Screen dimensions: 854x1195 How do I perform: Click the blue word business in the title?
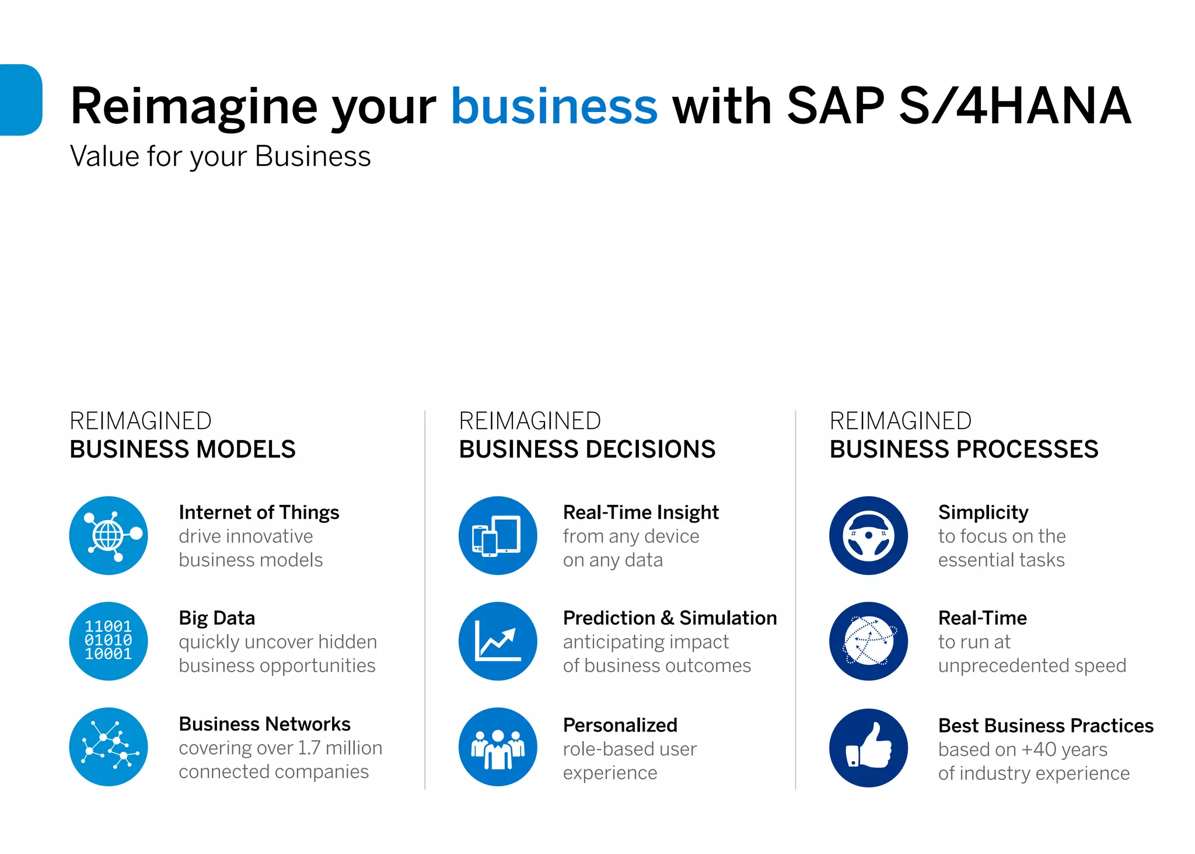(x=554, y=106)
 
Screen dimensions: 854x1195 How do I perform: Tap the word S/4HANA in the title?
(x=1015, y=106)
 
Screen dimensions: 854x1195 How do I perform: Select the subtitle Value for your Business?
(x=220, y=156)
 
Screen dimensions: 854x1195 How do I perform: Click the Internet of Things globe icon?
(x=109, y=535)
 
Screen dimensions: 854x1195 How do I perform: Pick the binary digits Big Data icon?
(x=109, y=641)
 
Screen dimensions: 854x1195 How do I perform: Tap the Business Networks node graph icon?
(x=109, y=747)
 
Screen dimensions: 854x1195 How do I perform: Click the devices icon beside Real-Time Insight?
(x=498, y=535)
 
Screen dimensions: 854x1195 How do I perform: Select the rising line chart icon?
(x=498, y=641)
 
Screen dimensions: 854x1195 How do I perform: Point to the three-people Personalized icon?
(x=498, y=747)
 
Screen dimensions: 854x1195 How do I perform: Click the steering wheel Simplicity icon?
(x=868, y=535)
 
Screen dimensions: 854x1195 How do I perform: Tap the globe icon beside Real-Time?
(x=868, y=641)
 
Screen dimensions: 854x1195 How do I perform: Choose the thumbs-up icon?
(x=868, y=748)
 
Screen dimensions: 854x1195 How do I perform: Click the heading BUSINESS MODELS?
(x=183, y=449)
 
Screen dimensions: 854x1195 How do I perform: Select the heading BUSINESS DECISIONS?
(x=587, y=449)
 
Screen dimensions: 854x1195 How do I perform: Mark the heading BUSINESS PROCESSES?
(x=964, y=449)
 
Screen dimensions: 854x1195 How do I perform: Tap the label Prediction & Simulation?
(x=670, y=618)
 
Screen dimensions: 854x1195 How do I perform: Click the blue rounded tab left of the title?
(x=21, y=100)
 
